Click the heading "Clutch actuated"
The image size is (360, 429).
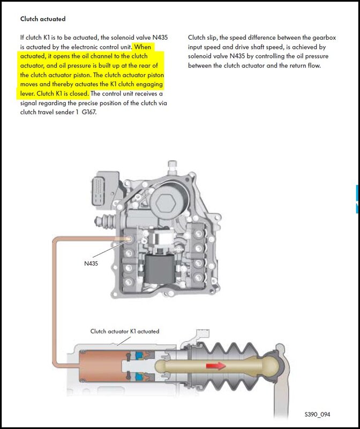coord(43,19)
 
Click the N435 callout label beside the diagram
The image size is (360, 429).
coord(93,264)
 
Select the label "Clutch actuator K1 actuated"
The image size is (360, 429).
coord(124,331)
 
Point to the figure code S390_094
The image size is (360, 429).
coord(318,415)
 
